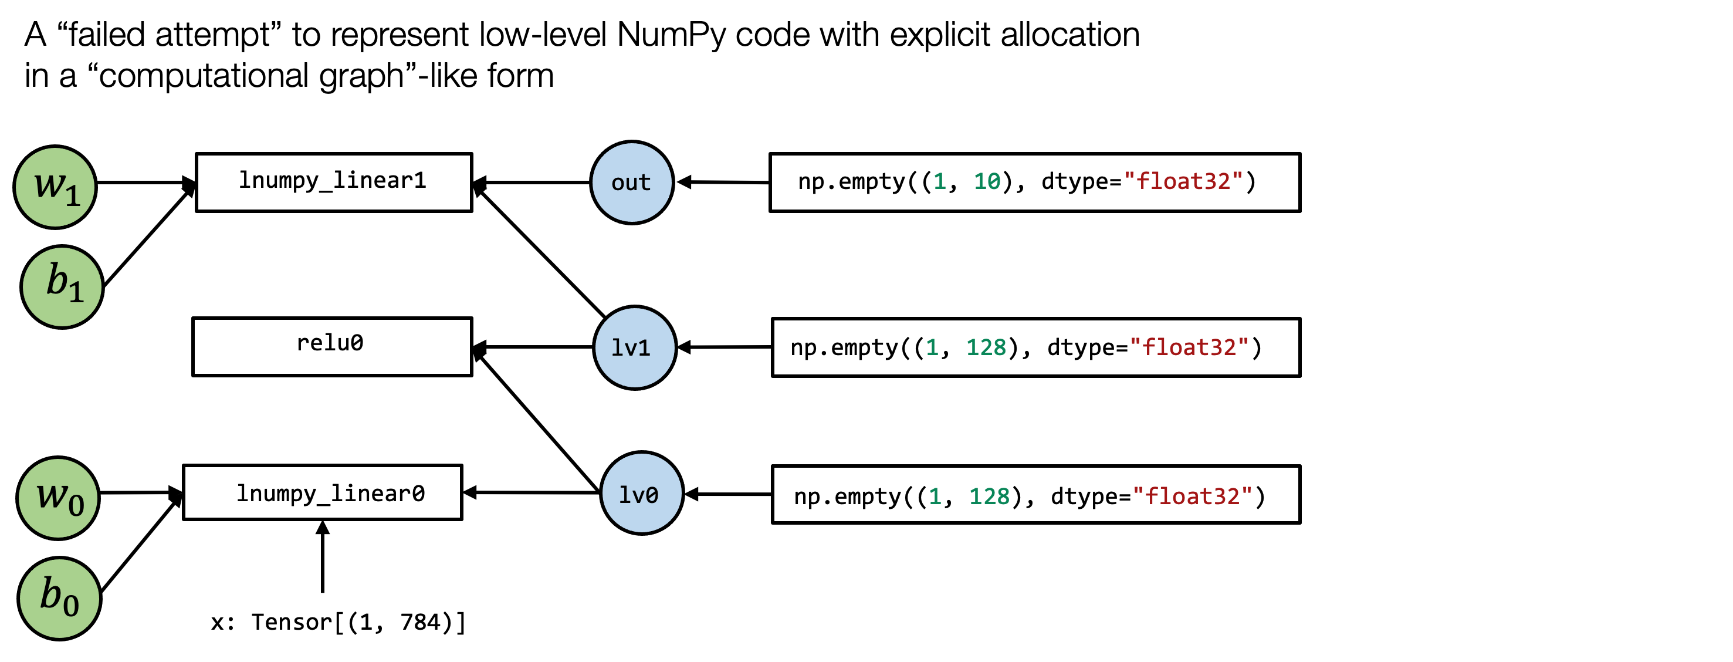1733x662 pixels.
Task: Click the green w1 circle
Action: (x=55, y=187)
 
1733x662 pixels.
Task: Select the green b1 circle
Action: (x=62, y=286)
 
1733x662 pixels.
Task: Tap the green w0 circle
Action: (x=58, y=498)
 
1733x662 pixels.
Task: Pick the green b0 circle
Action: (x=59, y=598)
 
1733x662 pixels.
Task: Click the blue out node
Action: (x=632, y=183)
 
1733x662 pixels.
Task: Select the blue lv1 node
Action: (x=634, y=348)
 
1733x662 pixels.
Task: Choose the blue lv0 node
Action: (x=641, y=493)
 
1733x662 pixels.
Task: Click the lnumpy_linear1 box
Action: (x=334, y=183)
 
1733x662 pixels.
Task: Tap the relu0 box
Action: (x=332, y=346)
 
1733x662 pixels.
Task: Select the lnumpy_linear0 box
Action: (x=322, y=492)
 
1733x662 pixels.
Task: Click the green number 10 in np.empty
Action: (x=987, y=182)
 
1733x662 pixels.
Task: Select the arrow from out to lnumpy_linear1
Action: (x=532, y=183)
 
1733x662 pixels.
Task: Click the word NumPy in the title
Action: (x=670, y=35)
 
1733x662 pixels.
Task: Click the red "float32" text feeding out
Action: (x=1183, y=182)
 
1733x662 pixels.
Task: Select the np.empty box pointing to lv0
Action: (x=1035, y=495)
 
